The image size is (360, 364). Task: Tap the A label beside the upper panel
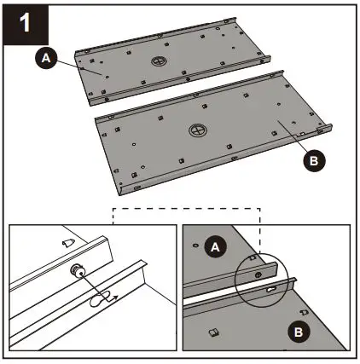45,58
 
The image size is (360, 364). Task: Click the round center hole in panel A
160,62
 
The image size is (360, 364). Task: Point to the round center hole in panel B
196,131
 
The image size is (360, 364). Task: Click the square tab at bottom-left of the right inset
214,330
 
